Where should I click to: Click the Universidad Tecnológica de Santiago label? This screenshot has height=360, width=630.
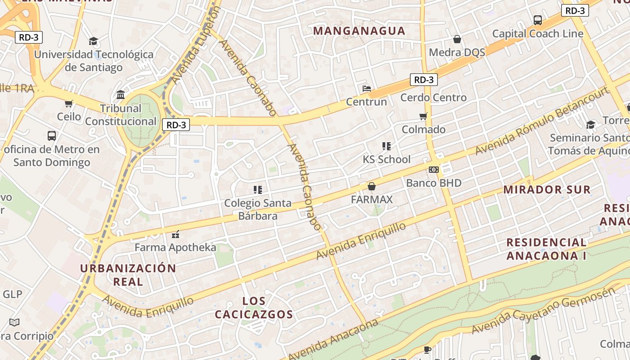(94, 61)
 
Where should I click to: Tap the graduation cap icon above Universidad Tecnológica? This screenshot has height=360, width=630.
(93, 41)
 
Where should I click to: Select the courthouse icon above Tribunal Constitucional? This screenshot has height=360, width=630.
(121, 95)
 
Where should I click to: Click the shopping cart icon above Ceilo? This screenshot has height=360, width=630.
(69, 104)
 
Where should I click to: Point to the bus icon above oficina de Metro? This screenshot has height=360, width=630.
(52, 135)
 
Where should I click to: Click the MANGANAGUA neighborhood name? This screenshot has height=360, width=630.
(359, 31)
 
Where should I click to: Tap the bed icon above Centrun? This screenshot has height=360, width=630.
(367, 89)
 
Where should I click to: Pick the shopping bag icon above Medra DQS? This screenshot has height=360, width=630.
(457, 39)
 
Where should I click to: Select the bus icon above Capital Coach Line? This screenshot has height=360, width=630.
(537, 20)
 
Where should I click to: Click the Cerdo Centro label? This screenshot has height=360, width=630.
(433, 98)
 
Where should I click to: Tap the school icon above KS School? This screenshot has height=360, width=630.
(386, 146)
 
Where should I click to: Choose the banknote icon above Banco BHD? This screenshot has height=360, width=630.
(434, 170)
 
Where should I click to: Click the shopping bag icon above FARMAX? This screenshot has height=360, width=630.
(372, 186)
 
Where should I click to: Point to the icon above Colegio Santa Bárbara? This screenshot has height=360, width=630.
(258, 190)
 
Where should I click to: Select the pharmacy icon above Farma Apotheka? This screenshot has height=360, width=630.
(175, 234)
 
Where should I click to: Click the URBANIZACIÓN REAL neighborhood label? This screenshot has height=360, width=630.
(128, 275)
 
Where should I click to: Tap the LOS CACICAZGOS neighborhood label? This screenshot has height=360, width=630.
(254, 308)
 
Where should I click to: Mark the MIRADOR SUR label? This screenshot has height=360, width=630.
(547, 189)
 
